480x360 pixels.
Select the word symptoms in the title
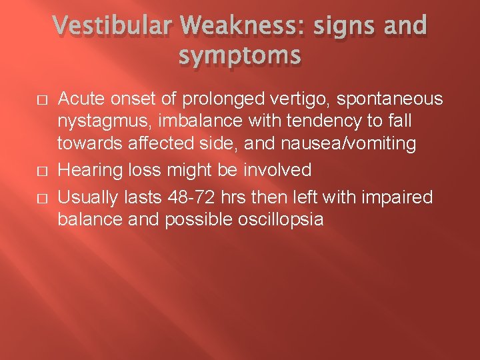(239, 57)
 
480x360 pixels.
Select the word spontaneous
(389, 100)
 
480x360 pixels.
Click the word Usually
(85, 198)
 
